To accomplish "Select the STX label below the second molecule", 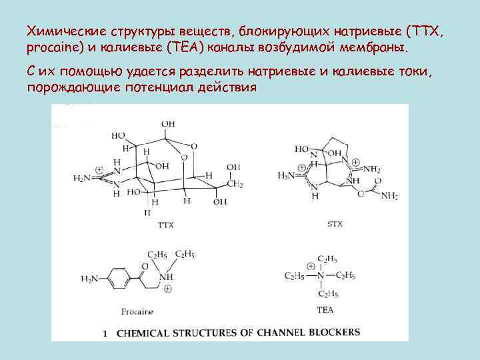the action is coord(335,224).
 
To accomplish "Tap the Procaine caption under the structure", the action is coord(138,311).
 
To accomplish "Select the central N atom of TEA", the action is coord(320,275).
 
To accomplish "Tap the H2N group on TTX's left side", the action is coord(82,178).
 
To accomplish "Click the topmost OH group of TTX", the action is coord(168,124).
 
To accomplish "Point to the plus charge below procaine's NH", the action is coord(167,289).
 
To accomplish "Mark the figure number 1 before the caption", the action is coord(105,331).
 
